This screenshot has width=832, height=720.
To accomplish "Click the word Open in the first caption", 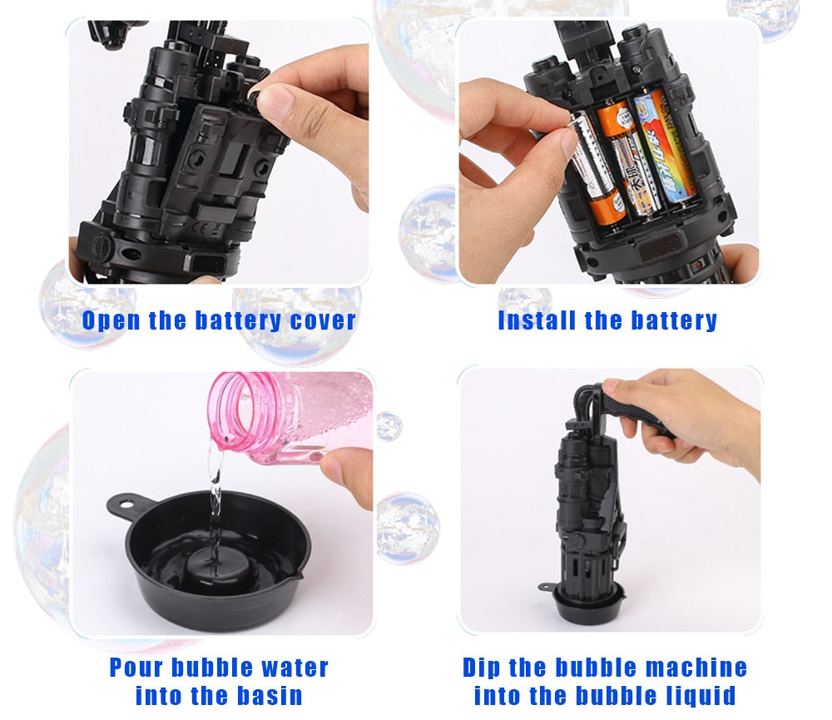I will point(112,320).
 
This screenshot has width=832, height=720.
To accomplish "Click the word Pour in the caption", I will point(137,668).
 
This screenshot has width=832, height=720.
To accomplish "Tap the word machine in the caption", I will point(694,668).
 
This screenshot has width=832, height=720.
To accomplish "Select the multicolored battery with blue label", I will point(657,150).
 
